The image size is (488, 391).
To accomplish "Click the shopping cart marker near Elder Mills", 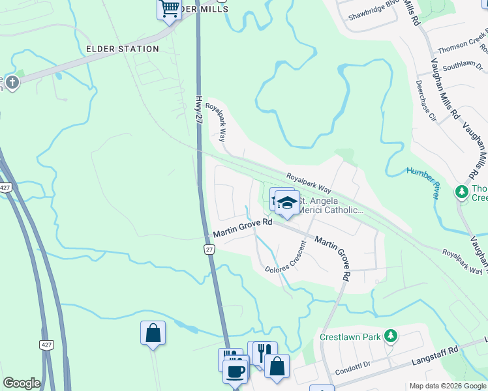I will point(170,10).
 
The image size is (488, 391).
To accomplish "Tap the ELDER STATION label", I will point(123,49).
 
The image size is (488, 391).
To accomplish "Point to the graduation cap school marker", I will point(286,203).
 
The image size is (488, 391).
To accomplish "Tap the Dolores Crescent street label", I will point(286,258).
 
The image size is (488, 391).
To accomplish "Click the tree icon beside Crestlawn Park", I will point(390,336).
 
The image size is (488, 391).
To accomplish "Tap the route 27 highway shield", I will point(209,250).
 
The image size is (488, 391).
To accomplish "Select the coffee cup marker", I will point(235,371).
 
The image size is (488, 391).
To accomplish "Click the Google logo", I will point(22,383).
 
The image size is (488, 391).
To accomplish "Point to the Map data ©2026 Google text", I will point(447,386).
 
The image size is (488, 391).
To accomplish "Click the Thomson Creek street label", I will point(462,49).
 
